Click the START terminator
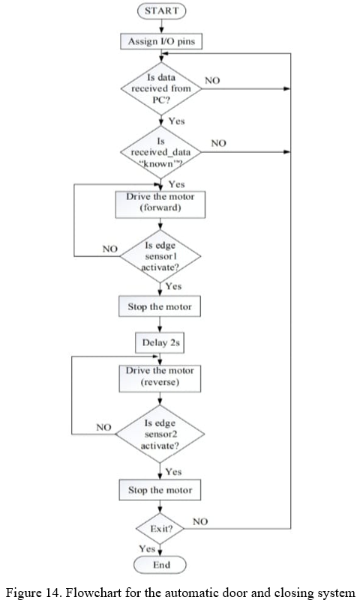[x=161, y=10]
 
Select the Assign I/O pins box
[x=161, y=41]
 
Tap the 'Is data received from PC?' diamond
[x=161, y=88]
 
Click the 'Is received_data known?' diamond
[x=160, y=152]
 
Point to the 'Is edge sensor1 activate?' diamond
[x=160, y=256]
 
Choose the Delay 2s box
[x=160, y=343]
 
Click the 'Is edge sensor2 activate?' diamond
[x=160, y=434]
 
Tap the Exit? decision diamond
[x=160, y=528]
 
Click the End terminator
[x=160, y=565]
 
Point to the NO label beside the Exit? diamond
[x=200, y=522]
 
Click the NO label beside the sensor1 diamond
[x=110, y=249]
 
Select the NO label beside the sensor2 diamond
[x=103, y=427]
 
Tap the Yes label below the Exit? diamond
[x=147, y=548]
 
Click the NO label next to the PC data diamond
[x=212, y=80]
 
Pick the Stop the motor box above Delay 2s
[x=160, y=306]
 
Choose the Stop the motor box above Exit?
[x=160, y=490]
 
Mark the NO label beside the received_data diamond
[x=218, y=143]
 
